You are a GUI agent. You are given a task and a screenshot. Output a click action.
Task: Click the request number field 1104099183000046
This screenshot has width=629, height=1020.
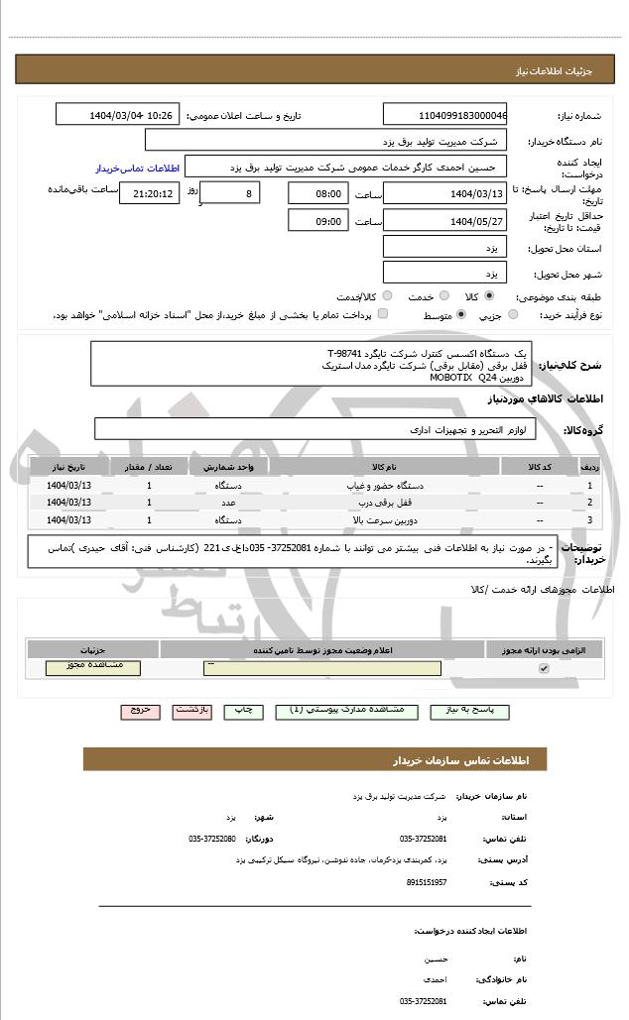coord(444,116)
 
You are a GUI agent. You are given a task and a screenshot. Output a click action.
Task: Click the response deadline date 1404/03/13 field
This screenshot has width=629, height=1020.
coord(444,193)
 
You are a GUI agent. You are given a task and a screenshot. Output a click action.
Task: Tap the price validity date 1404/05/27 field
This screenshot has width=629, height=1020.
coord(444,221)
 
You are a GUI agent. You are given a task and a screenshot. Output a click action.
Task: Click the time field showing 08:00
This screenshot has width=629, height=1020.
coord(317,193)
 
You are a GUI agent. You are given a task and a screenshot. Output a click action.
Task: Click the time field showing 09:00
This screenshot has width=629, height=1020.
coord(317,221)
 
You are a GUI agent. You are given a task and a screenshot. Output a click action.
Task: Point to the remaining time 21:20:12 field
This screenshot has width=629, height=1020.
coord(149,193)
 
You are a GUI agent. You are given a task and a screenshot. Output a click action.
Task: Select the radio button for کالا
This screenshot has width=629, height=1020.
coord(489,295)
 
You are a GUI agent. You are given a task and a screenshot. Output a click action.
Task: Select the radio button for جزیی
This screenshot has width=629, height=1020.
coord(513,314)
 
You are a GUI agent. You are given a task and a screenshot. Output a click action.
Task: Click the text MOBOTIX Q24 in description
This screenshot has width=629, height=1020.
coord(456,377)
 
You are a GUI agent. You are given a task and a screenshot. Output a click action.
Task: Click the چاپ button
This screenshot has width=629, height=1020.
coord(242,711)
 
